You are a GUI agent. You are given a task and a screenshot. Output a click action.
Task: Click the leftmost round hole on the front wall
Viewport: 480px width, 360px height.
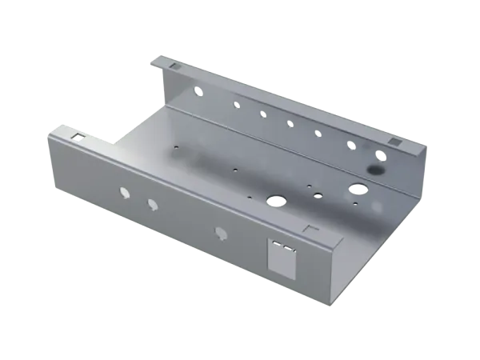pos(124,192)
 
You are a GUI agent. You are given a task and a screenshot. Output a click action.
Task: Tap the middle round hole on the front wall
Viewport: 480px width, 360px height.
pos(151,204)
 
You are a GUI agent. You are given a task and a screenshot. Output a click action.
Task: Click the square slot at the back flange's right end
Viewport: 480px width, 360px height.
pos(394,142)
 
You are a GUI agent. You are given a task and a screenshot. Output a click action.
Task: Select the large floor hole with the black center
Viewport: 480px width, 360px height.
pos(278,199)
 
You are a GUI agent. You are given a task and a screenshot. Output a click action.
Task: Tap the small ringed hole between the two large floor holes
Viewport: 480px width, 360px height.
pos(318,194)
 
